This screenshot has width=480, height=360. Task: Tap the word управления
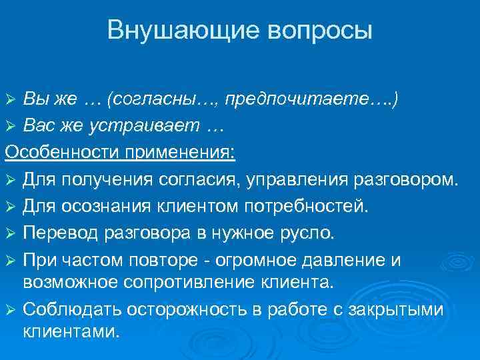304,179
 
